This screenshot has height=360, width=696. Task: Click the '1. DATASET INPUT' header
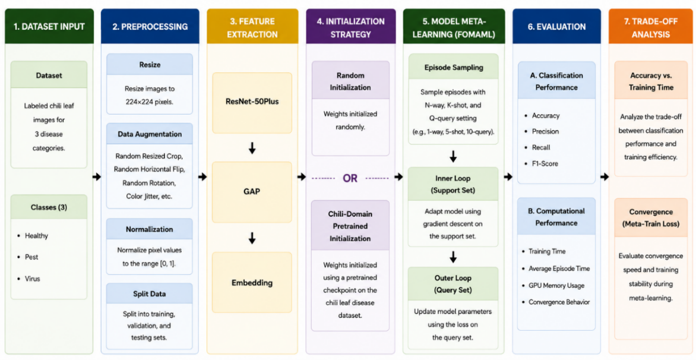tap(49, 27)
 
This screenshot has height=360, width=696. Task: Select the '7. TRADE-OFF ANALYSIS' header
tap(651, 27)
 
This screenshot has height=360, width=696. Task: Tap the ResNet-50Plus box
tap(252, 103)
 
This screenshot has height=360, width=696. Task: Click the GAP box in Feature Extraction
tap(252, 192)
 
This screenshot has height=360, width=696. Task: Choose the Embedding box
tap(252, 282)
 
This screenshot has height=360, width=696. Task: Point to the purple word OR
tap(350, 178)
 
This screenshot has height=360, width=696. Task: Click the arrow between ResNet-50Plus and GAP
tap(252, 148)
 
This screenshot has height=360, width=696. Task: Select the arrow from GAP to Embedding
tap(252, 238)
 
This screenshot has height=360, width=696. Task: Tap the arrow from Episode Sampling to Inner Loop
tap(453, 156)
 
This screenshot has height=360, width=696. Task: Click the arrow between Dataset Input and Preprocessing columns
tap(97, 177)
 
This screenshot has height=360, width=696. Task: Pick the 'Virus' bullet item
tap(33, 279)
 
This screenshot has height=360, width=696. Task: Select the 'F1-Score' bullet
tap(542, 164)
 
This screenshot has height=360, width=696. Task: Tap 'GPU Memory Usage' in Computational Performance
tap(556, 285)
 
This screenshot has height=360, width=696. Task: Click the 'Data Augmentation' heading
tap(150, 134)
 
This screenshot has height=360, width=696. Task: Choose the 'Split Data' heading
tap(150, 293)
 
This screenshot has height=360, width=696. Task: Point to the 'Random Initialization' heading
tap(350, 81)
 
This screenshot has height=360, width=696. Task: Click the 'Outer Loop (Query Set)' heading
tap(453, 284)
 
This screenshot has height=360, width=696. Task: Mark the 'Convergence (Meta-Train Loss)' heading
tap(651, 218)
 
